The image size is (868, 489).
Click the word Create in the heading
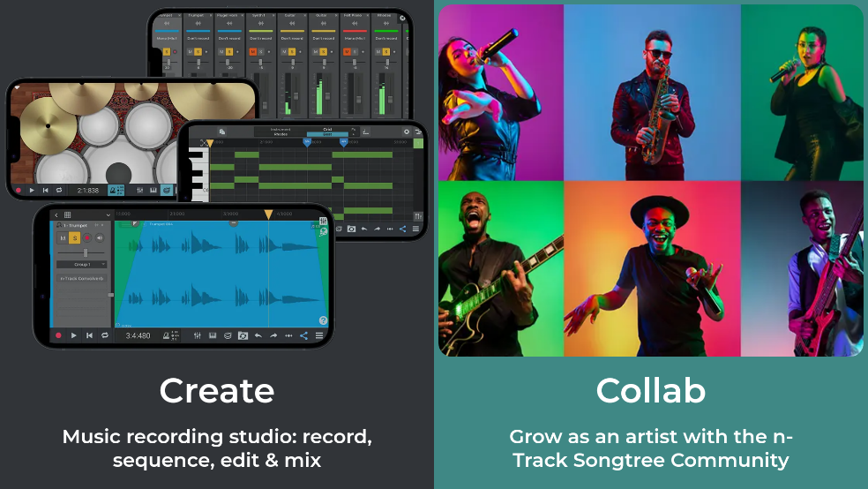pyautogui.click(x=216, y=390)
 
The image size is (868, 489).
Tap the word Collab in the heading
pyautogui.click(x=650, y=390)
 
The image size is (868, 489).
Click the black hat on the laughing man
pyautogui.click(x=660, y=208)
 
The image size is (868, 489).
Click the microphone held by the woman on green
pyautogui.click(x=783, y=71)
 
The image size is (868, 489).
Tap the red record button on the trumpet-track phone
pyautogui.click(x=58, y=335)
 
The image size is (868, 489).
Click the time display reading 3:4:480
pyautogui.click(x=138, y=335)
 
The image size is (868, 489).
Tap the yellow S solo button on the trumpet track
pyautogui.click(x=75, y=237)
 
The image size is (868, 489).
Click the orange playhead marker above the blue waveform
pyautogui.click(x=268, y=214)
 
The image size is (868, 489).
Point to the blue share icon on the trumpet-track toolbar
pyautogui.click(x=303, y=335)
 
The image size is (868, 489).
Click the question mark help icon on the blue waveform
pyautogui.click(x=323, y=320)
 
